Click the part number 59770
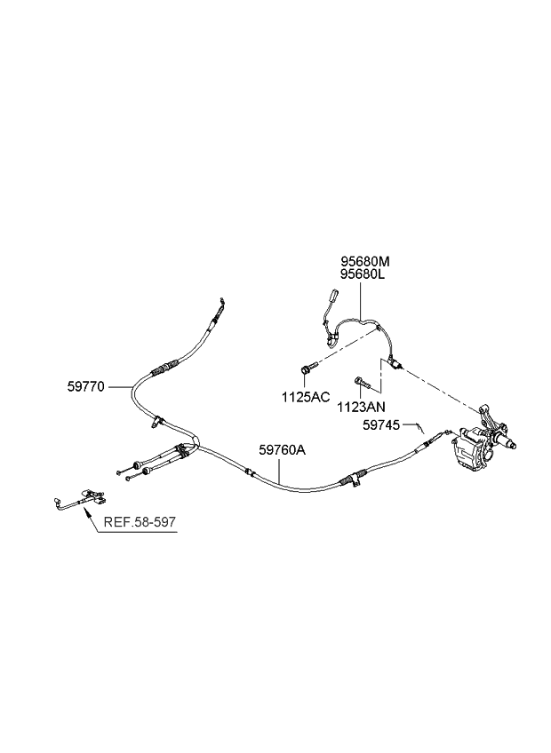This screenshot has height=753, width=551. [x=87, y=386]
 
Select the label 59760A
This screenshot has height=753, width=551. [x=283, y=450]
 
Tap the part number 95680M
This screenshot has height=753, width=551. [x=365, y=261]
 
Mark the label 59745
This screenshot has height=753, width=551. [x=384, y=426]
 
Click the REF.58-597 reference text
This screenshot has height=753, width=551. [x=140, y=523]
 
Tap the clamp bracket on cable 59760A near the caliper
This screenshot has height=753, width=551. [x=355, y=480]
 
